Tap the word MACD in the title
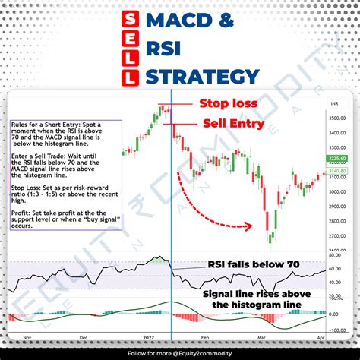(179, 21)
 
